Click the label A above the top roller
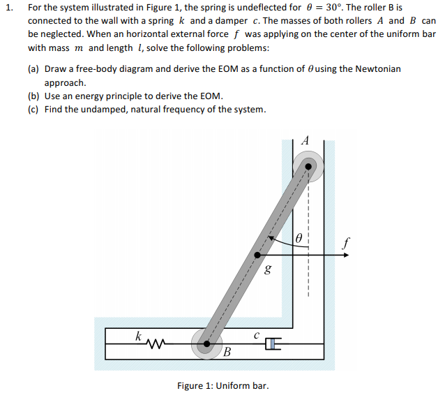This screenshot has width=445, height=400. click(305, 140)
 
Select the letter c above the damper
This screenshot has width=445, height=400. click(257, 334)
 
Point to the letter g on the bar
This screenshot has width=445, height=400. click(268, 268)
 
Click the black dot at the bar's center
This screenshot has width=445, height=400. click(257, 255)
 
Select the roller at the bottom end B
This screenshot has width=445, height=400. click(206, 343)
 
